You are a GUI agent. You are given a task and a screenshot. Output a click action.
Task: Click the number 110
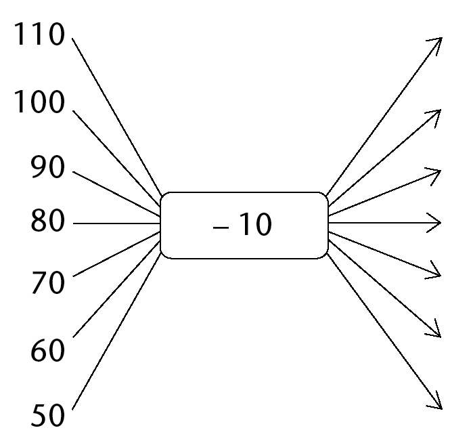coord(39,34)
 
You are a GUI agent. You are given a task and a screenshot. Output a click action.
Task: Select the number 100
coord(39,102)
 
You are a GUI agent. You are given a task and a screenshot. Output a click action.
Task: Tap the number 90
coord(47,167)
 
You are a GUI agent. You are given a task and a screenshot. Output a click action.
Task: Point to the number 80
coord(47,221)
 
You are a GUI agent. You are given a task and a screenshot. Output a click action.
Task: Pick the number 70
coord(48,283)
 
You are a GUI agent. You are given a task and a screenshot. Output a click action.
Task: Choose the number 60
coord(47,350)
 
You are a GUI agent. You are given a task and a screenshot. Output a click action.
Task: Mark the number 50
coord(47,415)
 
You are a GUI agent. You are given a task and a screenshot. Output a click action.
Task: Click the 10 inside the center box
coord(256,224)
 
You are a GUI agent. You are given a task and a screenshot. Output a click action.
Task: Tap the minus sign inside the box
coord(221,228)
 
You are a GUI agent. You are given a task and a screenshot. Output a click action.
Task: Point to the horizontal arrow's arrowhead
coord(434,223)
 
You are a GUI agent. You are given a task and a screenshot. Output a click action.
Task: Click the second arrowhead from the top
coord(434,117)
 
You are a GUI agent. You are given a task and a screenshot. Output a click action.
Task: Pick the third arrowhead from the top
coord(434,176)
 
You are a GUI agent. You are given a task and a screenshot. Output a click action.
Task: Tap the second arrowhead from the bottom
coord(434,328)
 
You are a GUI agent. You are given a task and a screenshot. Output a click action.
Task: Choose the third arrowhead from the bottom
coord(434,270)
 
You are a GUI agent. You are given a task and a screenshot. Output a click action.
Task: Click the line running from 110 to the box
coord(117,116)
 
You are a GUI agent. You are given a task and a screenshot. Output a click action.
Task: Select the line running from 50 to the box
coord(116,331)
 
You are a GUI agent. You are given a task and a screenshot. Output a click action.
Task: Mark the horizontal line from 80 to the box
coord(116,223)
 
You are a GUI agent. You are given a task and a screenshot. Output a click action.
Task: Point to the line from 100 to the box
coord(116,158)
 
